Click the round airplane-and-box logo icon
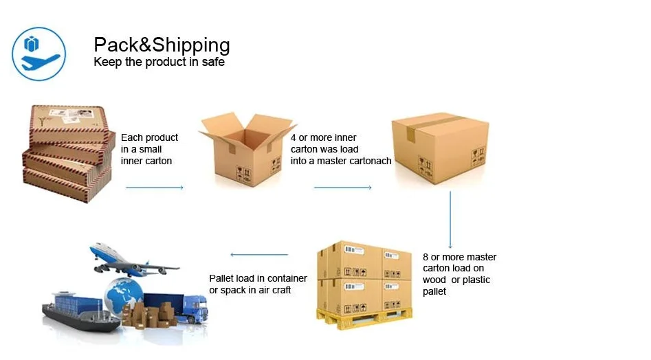coord(39,54)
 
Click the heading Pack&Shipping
coord(162,45)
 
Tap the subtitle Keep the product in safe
coord(159,62)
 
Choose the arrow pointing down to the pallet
coord(450,220)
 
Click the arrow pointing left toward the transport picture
coord(258,255)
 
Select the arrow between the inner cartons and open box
coord(155,187)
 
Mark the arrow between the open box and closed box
coord(342,187)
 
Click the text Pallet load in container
coord(258,278)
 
